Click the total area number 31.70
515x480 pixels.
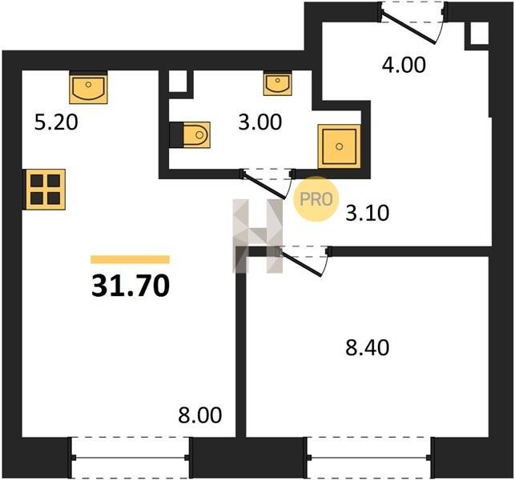coord(131,286)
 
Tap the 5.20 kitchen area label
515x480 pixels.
coord(56,122)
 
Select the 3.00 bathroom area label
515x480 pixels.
coord(260,122)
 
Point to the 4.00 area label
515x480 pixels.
coord(404,65)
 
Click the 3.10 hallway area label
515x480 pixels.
coord(368,213)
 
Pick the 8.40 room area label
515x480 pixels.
coord(367,348)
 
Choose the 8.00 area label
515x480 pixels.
coord(200,415)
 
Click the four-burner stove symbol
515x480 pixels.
coord(46,190)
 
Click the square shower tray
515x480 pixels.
coord(339,146)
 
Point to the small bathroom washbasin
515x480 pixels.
coord(278,84)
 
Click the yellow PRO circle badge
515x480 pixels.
coord(316,199)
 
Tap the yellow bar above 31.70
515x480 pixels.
coord(130,259)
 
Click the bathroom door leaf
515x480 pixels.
coord(264,185)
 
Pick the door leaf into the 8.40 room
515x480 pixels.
coord(300,263)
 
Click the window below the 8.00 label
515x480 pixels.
coord(130,458)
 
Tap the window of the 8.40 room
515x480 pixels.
coord(368,458)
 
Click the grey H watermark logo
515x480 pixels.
coord(258,236)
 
